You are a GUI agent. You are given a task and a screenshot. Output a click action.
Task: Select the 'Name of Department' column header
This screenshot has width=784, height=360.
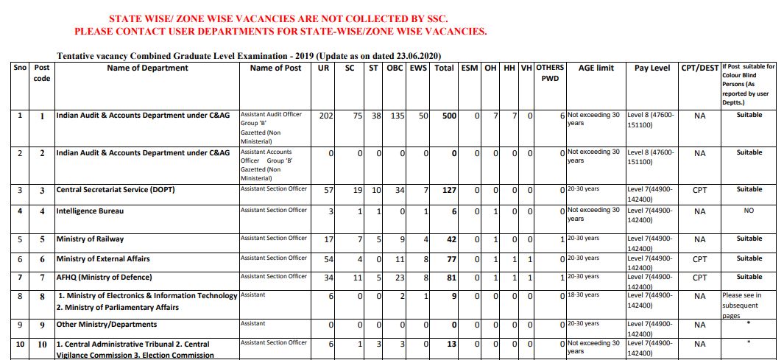click(147, 68)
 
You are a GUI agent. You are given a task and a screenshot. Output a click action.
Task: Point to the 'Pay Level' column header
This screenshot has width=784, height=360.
click(651, 68)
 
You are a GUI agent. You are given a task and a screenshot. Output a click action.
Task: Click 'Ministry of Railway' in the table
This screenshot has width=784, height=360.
click(91, 239)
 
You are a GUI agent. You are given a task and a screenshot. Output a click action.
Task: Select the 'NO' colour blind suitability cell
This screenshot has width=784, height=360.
click(749, 211)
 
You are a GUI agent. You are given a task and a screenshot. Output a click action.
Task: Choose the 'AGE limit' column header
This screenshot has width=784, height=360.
click(596, 68)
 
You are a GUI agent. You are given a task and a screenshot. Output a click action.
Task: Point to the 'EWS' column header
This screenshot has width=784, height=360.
click(418, 68)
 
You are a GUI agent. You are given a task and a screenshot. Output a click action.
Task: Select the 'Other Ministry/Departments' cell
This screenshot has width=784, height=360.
click(107, 325)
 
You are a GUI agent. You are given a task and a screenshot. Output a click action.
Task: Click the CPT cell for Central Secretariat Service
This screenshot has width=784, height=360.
click(699, 190)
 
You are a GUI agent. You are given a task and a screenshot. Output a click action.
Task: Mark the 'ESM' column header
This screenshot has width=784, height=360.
click(469, 68)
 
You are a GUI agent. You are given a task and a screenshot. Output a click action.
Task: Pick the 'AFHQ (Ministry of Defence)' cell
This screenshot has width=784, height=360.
click(104, 278)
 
